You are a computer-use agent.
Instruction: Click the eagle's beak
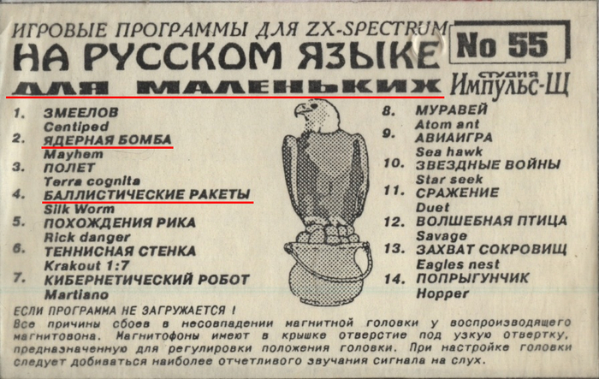(303, 110)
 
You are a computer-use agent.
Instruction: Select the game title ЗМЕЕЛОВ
(81, 113)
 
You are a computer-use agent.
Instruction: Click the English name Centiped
(76, 127)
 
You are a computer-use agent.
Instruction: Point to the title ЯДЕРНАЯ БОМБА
(107, 139)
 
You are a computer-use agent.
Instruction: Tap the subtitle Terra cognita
(92, 181)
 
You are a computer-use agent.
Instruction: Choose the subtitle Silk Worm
(79, 209)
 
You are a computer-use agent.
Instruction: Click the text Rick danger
(87, 237)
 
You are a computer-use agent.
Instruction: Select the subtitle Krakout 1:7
(86, 265)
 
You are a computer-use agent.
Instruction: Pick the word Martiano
(76, 294)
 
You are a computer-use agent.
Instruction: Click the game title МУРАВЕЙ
(452, 110)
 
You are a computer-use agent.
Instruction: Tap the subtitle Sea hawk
(449, 151)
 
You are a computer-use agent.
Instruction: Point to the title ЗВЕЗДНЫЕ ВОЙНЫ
(488, 165)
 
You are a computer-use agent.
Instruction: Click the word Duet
(432, 207)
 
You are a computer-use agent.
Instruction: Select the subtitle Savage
(442, 236)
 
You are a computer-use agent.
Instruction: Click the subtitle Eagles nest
(458, 264)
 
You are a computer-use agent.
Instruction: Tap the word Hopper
(442, 293)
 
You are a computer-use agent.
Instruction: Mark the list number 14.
(394, 279)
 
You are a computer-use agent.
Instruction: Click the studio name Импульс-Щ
(510, 85)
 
